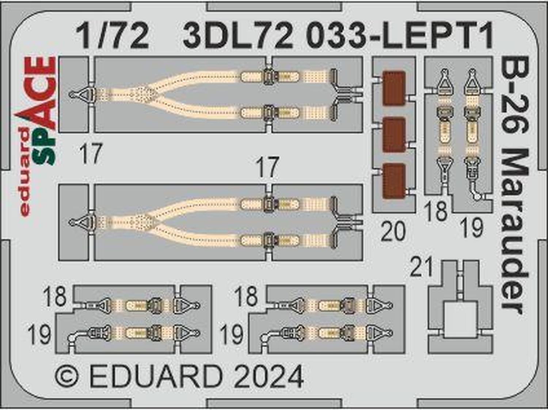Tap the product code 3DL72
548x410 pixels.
238,37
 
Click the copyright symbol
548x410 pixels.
67,377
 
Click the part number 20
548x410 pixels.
393,231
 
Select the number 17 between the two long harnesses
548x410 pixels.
268,168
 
